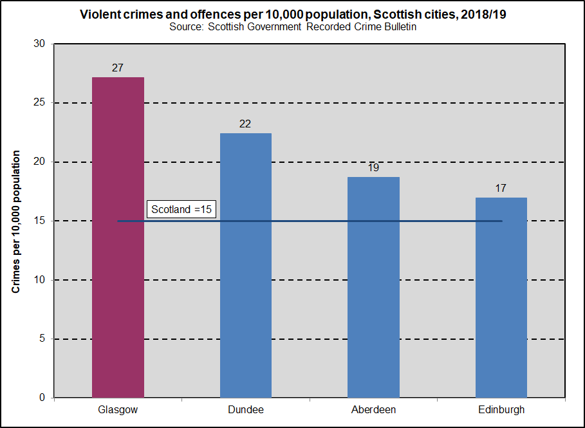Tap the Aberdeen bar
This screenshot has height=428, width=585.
pos(373,287)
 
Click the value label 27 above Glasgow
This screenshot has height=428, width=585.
pos(117,67)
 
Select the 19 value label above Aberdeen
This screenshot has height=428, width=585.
pos(373,167)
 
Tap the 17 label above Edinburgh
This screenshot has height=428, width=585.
pos(501,188)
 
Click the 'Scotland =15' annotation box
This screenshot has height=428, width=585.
pos(181,209)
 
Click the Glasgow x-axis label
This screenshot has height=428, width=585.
pos(118,409)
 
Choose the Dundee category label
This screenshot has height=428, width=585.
pos(245,409)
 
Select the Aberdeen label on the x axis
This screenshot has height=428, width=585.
pos(373,409)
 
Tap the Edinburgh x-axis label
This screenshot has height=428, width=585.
pos(501,409)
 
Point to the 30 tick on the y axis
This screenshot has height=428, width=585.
pos(40,44)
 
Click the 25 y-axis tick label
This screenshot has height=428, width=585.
pos(40,103)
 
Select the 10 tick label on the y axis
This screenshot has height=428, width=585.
pos(40,280)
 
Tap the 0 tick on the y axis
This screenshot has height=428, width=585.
pos(42,398)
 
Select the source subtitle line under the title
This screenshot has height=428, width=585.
pos(293,27)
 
